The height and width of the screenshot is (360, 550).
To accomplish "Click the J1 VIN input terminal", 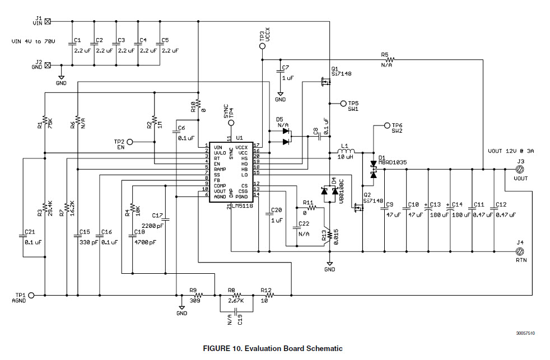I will click(x=48, y=22).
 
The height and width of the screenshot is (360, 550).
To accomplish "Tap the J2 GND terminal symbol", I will click(x=48, y=64).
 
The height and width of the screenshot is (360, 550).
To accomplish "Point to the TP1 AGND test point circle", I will click(x=31, y=294).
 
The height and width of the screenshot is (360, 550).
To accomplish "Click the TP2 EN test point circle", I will click(x=129, y=142).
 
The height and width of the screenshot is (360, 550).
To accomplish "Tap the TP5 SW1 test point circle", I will click(x=343, y=104).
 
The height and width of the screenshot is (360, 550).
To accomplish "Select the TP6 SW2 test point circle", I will click(x=386, y=126).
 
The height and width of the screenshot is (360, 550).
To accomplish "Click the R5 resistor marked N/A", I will click(x=388, y=59).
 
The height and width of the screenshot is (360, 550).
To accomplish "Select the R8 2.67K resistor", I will click(x=236, y=294).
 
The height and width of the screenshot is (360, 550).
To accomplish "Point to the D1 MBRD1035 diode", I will click(x=372, y=170).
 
